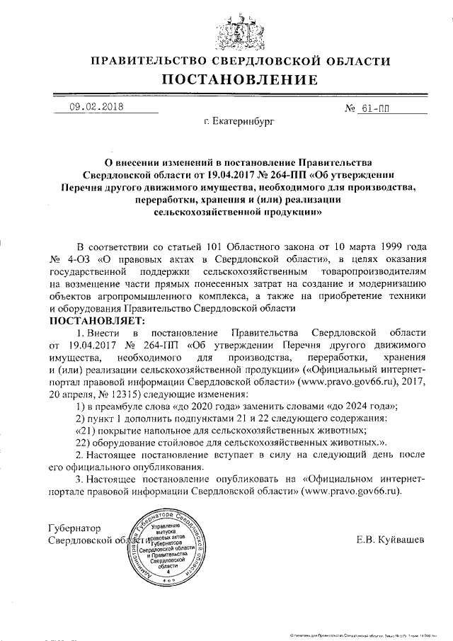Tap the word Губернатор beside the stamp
point(73,528)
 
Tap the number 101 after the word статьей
point(207,246)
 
